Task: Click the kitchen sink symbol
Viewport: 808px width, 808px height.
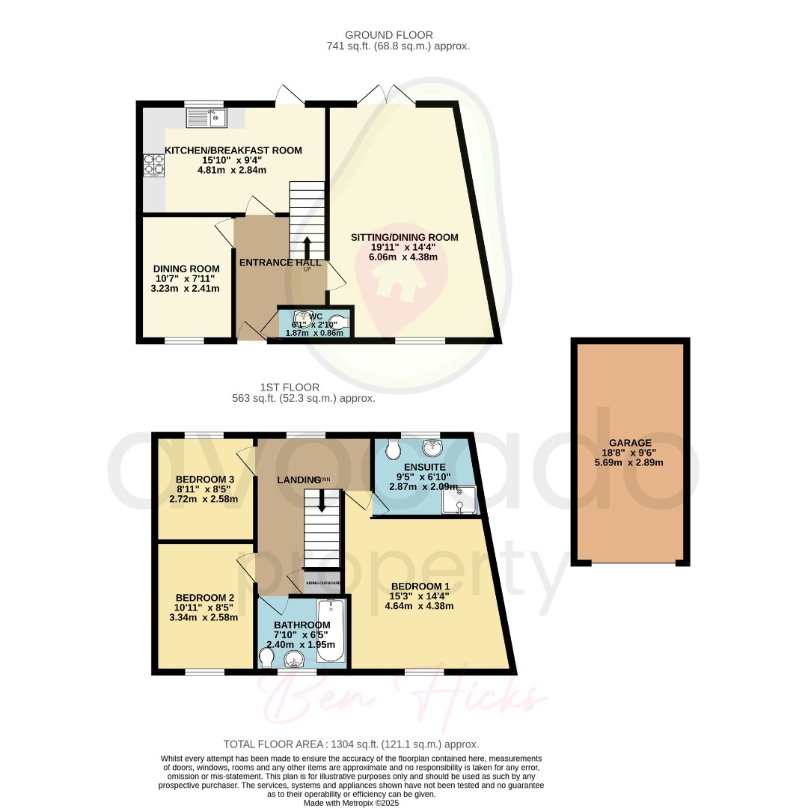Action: (206, 117)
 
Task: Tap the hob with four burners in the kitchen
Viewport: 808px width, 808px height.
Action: (153, 164)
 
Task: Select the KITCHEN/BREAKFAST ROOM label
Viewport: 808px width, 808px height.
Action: (233, 150)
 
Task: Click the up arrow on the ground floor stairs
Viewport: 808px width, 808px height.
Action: (307, 248)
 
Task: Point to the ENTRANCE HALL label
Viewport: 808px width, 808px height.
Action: (280, 263)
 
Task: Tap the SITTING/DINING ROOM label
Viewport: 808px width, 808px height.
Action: (404, 237)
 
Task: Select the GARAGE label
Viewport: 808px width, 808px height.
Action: (629, 442)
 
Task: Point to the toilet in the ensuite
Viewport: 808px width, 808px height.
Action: (394, 450)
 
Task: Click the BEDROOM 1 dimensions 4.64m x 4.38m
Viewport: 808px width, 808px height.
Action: (420, 606)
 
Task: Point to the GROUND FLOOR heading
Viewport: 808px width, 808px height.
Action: (388, 35)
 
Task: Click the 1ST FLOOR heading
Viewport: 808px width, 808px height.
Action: (290, 388)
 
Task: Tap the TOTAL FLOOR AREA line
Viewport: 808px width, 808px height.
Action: (351, 744)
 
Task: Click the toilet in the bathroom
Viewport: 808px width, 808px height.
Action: (266, 657)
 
